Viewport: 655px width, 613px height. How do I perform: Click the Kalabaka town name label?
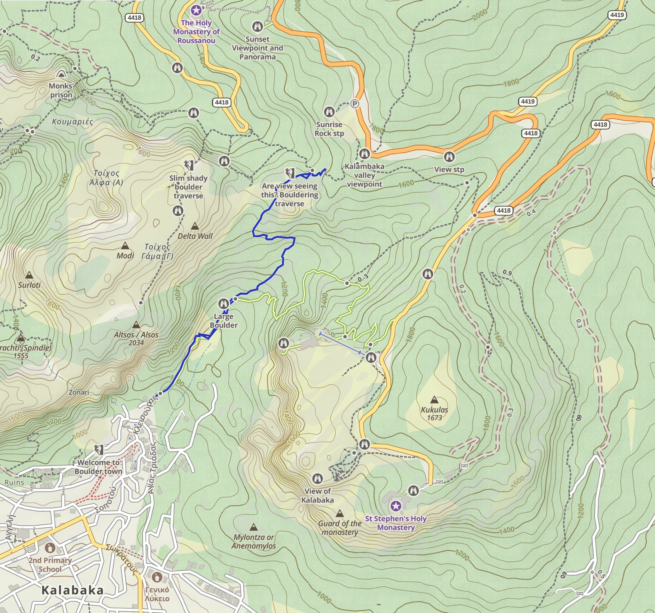73,590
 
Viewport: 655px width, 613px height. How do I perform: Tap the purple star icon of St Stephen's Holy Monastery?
396,506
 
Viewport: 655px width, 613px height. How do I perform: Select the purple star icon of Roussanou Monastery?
196,10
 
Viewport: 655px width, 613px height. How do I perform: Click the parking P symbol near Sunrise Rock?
354,104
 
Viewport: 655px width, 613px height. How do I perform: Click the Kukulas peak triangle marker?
435,400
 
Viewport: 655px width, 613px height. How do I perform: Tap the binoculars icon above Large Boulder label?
223,304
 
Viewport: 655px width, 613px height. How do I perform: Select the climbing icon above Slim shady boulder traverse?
189,165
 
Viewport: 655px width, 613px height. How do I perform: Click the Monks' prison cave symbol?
61,74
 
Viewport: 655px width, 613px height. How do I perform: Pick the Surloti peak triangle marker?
29,275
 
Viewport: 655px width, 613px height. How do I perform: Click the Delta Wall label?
195,236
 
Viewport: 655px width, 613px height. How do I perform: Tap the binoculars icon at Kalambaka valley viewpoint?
364,154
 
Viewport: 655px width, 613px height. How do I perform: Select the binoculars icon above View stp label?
449,157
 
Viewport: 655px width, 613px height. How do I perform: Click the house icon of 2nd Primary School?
50,548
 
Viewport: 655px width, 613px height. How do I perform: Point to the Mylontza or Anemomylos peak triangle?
253,527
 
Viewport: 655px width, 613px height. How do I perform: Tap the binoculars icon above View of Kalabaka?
317,478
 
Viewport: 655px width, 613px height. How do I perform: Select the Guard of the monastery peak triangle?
340,513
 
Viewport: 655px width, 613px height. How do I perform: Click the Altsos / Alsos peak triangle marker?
136,325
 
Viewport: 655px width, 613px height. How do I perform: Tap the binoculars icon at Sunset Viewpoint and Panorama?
257,26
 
